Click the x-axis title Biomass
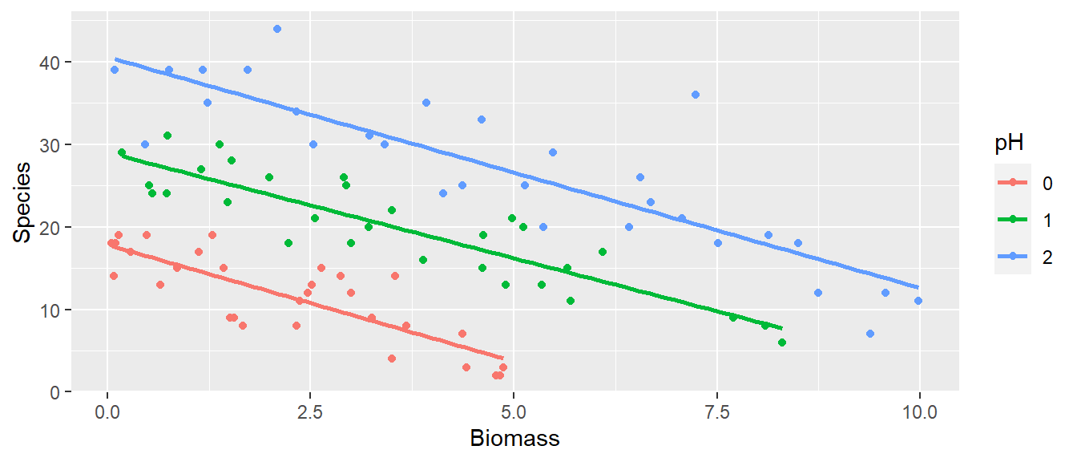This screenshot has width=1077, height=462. (x=514, y=440)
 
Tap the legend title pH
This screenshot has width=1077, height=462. (x=1009, y=144)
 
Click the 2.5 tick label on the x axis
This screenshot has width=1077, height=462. (x=310, y=412)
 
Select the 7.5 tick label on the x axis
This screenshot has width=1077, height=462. (x=717, y=412)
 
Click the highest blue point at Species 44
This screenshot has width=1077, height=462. (x=277, y=29)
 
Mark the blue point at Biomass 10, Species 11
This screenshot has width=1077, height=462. (x=918, y=301)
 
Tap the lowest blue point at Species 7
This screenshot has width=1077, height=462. (x=870, y=334)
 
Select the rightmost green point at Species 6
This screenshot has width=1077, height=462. (x=782, y=342)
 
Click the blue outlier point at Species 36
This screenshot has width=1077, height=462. (x=696, y=95)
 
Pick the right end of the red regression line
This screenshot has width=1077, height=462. (x=502, y=358)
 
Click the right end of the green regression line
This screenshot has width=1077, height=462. (x=781, y=327)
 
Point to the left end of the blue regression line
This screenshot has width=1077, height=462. (x=115, y=59)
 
